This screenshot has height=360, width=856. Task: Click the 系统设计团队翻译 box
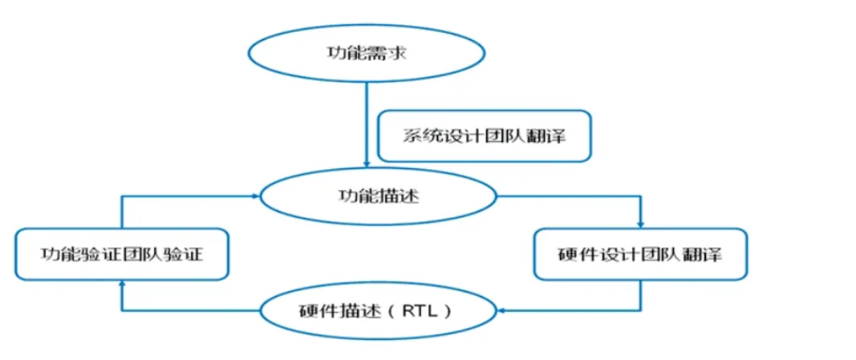pyautogui.click(x=485, y=136)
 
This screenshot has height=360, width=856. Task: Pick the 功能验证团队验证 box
pyautogui.click(x=123, y=254)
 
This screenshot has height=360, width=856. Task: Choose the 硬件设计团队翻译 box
pyautogui.click(x=639, y=254)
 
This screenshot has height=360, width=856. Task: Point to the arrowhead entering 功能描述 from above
pyautogui.click(x=367, y=166)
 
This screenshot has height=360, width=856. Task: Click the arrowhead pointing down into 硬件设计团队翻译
pyautogui.click(x=640, y=223)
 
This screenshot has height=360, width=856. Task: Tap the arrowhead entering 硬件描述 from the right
pyautogui.click(x=501, y=309)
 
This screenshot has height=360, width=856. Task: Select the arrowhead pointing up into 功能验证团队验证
pyautogui.click(x=122, y=284)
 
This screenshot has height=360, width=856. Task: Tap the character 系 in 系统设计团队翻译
pyautogui.click(x=412, y=136)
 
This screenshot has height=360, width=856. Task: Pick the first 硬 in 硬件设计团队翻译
pyautogui.click(x=566, y=255)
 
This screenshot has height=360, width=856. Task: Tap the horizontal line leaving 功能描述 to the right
pyautogui.click(x=570, y=196)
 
